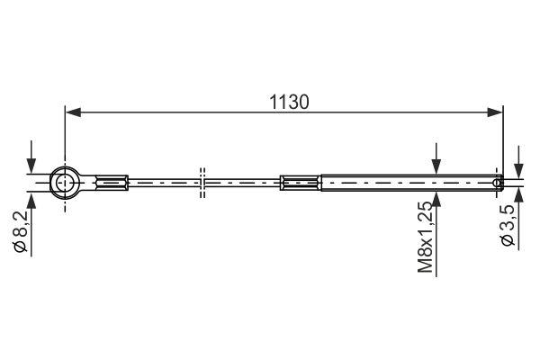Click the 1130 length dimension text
click(x=289, y=102)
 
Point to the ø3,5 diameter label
click(x=508, y=228)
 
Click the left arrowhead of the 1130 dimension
click(x=72, y=112)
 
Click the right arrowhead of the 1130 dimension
click(x=494, y=112)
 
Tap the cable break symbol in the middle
click(x=203, y=184)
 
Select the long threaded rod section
click(x=405, y=184)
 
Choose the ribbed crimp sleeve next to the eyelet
click(x=110, y=184)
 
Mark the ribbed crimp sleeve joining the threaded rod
click(x=300, y=184)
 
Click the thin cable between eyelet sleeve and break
click(x=162, y=184)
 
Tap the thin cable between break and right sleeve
click(x=243, y=184)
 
